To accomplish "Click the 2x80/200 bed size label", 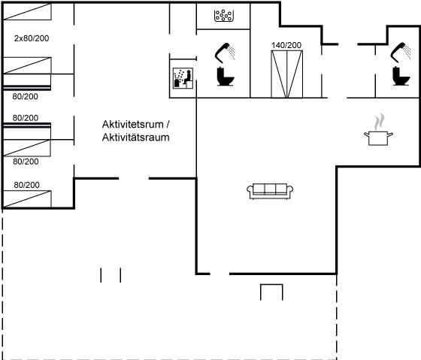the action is tap(32, 38).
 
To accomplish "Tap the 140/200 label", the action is tap(286, 45).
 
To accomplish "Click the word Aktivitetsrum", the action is tap(132, 124).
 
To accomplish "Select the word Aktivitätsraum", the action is tap(135, 138).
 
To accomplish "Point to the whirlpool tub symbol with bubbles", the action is tap(224, 16).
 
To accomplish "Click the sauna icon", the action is tap(183, 78).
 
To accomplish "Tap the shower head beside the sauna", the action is tap(225, 52).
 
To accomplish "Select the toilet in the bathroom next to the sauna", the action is tap(226, 77).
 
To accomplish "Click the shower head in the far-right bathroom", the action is tap(400, 52).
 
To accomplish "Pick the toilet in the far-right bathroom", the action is tap(401, 76).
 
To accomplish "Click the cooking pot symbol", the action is tap(378, 138).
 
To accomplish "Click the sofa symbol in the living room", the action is tap(270, 191).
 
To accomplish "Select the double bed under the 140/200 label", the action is tap(286, 74).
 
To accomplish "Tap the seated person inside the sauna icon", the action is tap(188, 77).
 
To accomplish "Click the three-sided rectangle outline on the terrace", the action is tap(271, 285).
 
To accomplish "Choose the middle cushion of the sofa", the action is tap(270, 189).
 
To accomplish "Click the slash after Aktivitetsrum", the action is tap(168, 124).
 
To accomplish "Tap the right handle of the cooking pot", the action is tap(390, 135).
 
